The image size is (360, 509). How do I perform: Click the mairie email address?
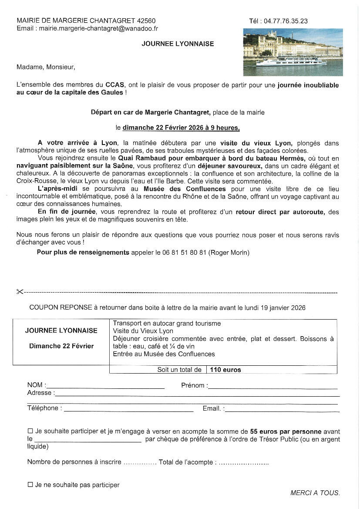(x=98, y=29)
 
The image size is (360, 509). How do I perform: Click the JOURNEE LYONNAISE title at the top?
(x=178, y=44)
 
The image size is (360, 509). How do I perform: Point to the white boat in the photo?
(x=291, y=61)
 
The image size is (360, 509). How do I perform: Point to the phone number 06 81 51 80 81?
(x=185, y=253)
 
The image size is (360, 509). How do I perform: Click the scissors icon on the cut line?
(x=20, y=292)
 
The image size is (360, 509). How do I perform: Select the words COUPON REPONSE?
(x=61, y=307)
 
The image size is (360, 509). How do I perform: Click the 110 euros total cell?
(x=225, y=370)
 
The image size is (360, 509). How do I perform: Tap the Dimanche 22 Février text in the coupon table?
(x=61, y=346)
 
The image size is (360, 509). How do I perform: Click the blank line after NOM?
(x=105, y=386)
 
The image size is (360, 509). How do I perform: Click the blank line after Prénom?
(x=273, y=387)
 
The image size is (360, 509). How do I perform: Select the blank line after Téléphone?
(x=128, y=409)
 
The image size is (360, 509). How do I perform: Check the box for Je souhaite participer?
(x=30, y=431)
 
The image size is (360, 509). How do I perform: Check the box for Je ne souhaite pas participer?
(x=30, y=485)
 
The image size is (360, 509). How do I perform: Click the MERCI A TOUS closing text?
(x=315, y=493)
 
